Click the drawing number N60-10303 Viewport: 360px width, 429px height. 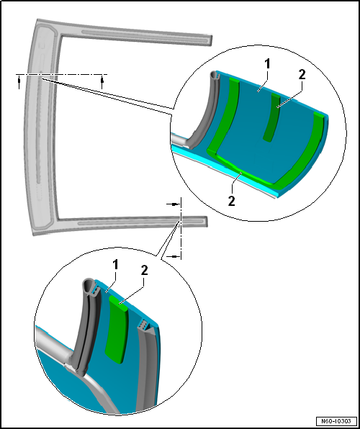pyautogui.click(x=336, y=421)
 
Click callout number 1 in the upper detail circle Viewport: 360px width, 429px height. pyautogui.click(x=267, y=64)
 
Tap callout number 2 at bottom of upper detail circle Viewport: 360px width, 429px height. pyautogui.click(x=232, y=202)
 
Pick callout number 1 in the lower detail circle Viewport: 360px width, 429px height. pyautogui.click(x=116, y=265)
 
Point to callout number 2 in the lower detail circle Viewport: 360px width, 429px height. pyautogui.click(x=144, y=271)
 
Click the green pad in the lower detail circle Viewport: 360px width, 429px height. pyautogui.click(x=118, y=329)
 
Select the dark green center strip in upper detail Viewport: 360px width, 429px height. pyautogui.click(x=272, y=117)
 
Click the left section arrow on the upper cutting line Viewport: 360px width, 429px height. pyautogui.click(x=19, y=83)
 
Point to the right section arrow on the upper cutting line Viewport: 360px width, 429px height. pyautogui.click(x=102, y=83)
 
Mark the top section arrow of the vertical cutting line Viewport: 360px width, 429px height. pyautogui.click(x=174, y=204)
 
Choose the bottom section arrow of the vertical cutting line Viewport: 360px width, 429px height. pyautogui.click(x=174, y=256)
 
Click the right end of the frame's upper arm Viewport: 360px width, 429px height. pyautogui.click(x=212, y=40)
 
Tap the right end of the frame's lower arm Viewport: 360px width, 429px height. pyautogui.click(x=207, y=222)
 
